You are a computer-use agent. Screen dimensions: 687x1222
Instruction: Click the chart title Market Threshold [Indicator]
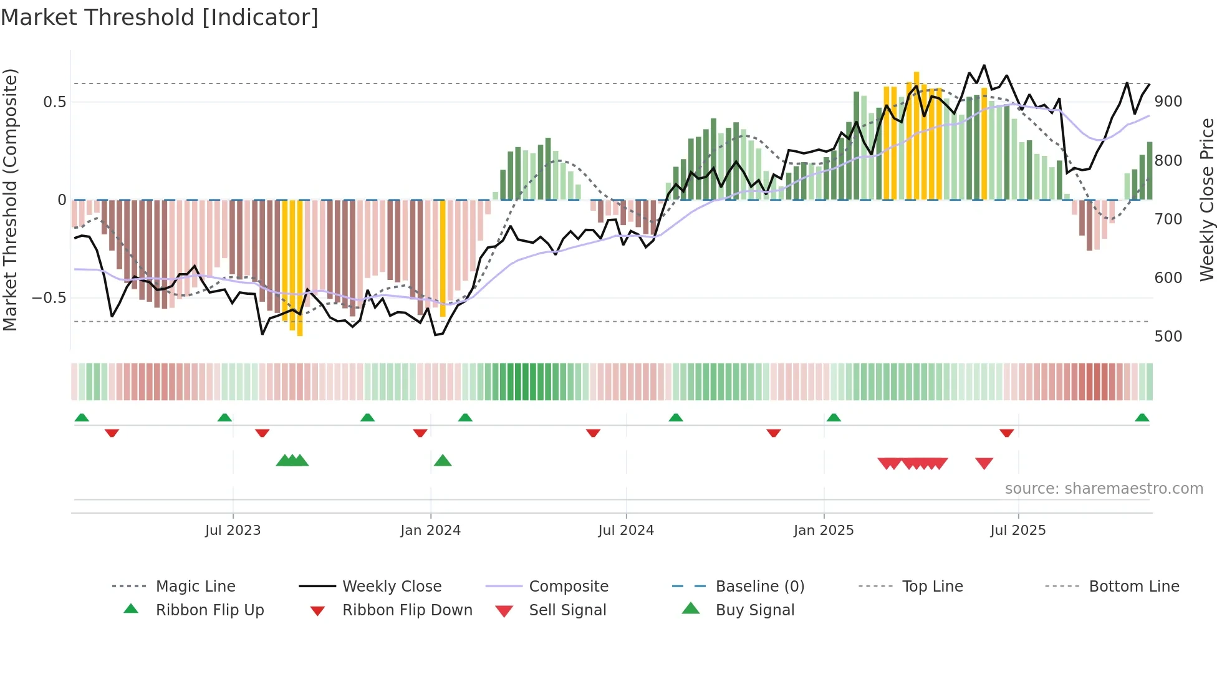click(x=160, y=17)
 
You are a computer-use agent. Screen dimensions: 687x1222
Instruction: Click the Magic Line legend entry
click(x=195, y=587)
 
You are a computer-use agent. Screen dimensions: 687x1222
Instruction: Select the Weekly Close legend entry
click(x=392, y=587)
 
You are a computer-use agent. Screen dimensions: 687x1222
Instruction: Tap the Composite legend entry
click(x=568, y=587)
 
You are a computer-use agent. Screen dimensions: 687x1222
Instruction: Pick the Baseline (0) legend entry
click(x=759, y=587)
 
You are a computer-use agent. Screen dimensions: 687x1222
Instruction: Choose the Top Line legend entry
click(x=932, y=587)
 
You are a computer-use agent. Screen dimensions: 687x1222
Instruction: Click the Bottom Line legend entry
click(x=1133, y=587)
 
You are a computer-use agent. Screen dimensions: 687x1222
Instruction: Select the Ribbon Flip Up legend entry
click(x=209, y=610)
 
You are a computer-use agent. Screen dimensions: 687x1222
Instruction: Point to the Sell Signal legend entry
click(x=567, y=610)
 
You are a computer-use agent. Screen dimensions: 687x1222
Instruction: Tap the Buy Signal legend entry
click(x=754, y=610)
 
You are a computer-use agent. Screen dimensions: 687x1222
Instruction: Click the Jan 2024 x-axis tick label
click(x=430, y=531)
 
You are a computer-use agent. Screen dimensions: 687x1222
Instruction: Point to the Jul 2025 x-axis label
click(x=1018, y=531)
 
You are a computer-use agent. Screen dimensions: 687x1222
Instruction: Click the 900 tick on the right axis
click(x=1168, y=102)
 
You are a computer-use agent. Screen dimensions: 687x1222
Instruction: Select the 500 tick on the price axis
click(x=1168, y=337)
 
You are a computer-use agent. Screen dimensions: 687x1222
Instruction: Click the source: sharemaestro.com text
click(x=1104, y=489)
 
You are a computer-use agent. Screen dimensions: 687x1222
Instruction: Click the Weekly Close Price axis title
click(x=1207, y=199)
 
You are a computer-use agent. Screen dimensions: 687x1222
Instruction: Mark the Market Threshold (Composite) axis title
click(x=10, y=199)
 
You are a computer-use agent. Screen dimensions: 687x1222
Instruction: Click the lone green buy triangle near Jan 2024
click(x=443, y=461)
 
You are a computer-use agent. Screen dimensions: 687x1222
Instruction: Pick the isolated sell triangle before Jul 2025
click(x=984, y=463)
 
